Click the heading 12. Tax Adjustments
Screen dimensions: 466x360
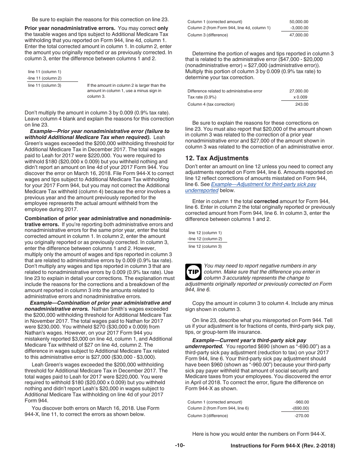click(x=217, y=158)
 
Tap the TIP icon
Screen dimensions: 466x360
click(x=193, y=272)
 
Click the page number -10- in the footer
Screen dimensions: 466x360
click(x=180, y=446)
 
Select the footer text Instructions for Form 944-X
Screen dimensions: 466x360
click(x=283, y=446)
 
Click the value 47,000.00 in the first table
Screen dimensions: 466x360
click(x=299, y=35)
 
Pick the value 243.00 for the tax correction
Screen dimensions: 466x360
click(x=302, y=104)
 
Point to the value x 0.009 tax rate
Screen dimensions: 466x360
click(x=300, y=97)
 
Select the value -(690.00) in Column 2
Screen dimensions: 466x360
click(x=300, y=408)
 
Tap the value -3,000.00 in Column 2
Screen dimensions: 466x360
click(x=299, y=28)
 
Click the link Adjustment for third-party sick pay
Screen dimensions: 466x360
click(x=263, y=184)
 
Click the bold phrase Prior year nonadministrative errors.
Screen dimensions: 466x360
click(x=70, y=28)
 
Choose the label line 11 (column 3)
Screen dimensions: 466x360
click(x=44, y=85)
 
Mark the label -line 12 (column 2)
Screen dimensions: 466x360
click(x=205, y=239)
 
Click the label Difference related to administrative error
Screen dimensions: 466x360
click(x=225, y=91)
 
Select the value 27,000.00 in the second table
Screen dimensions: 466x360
click(x=299, y=91)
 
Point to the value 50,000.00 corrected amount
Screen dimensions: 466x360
click(x=299, y=22)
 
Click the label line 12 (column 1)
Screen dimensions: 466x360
click(x=205, y=233)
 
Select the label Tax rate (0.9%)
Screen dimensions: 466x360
click(x=202, y=97)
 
